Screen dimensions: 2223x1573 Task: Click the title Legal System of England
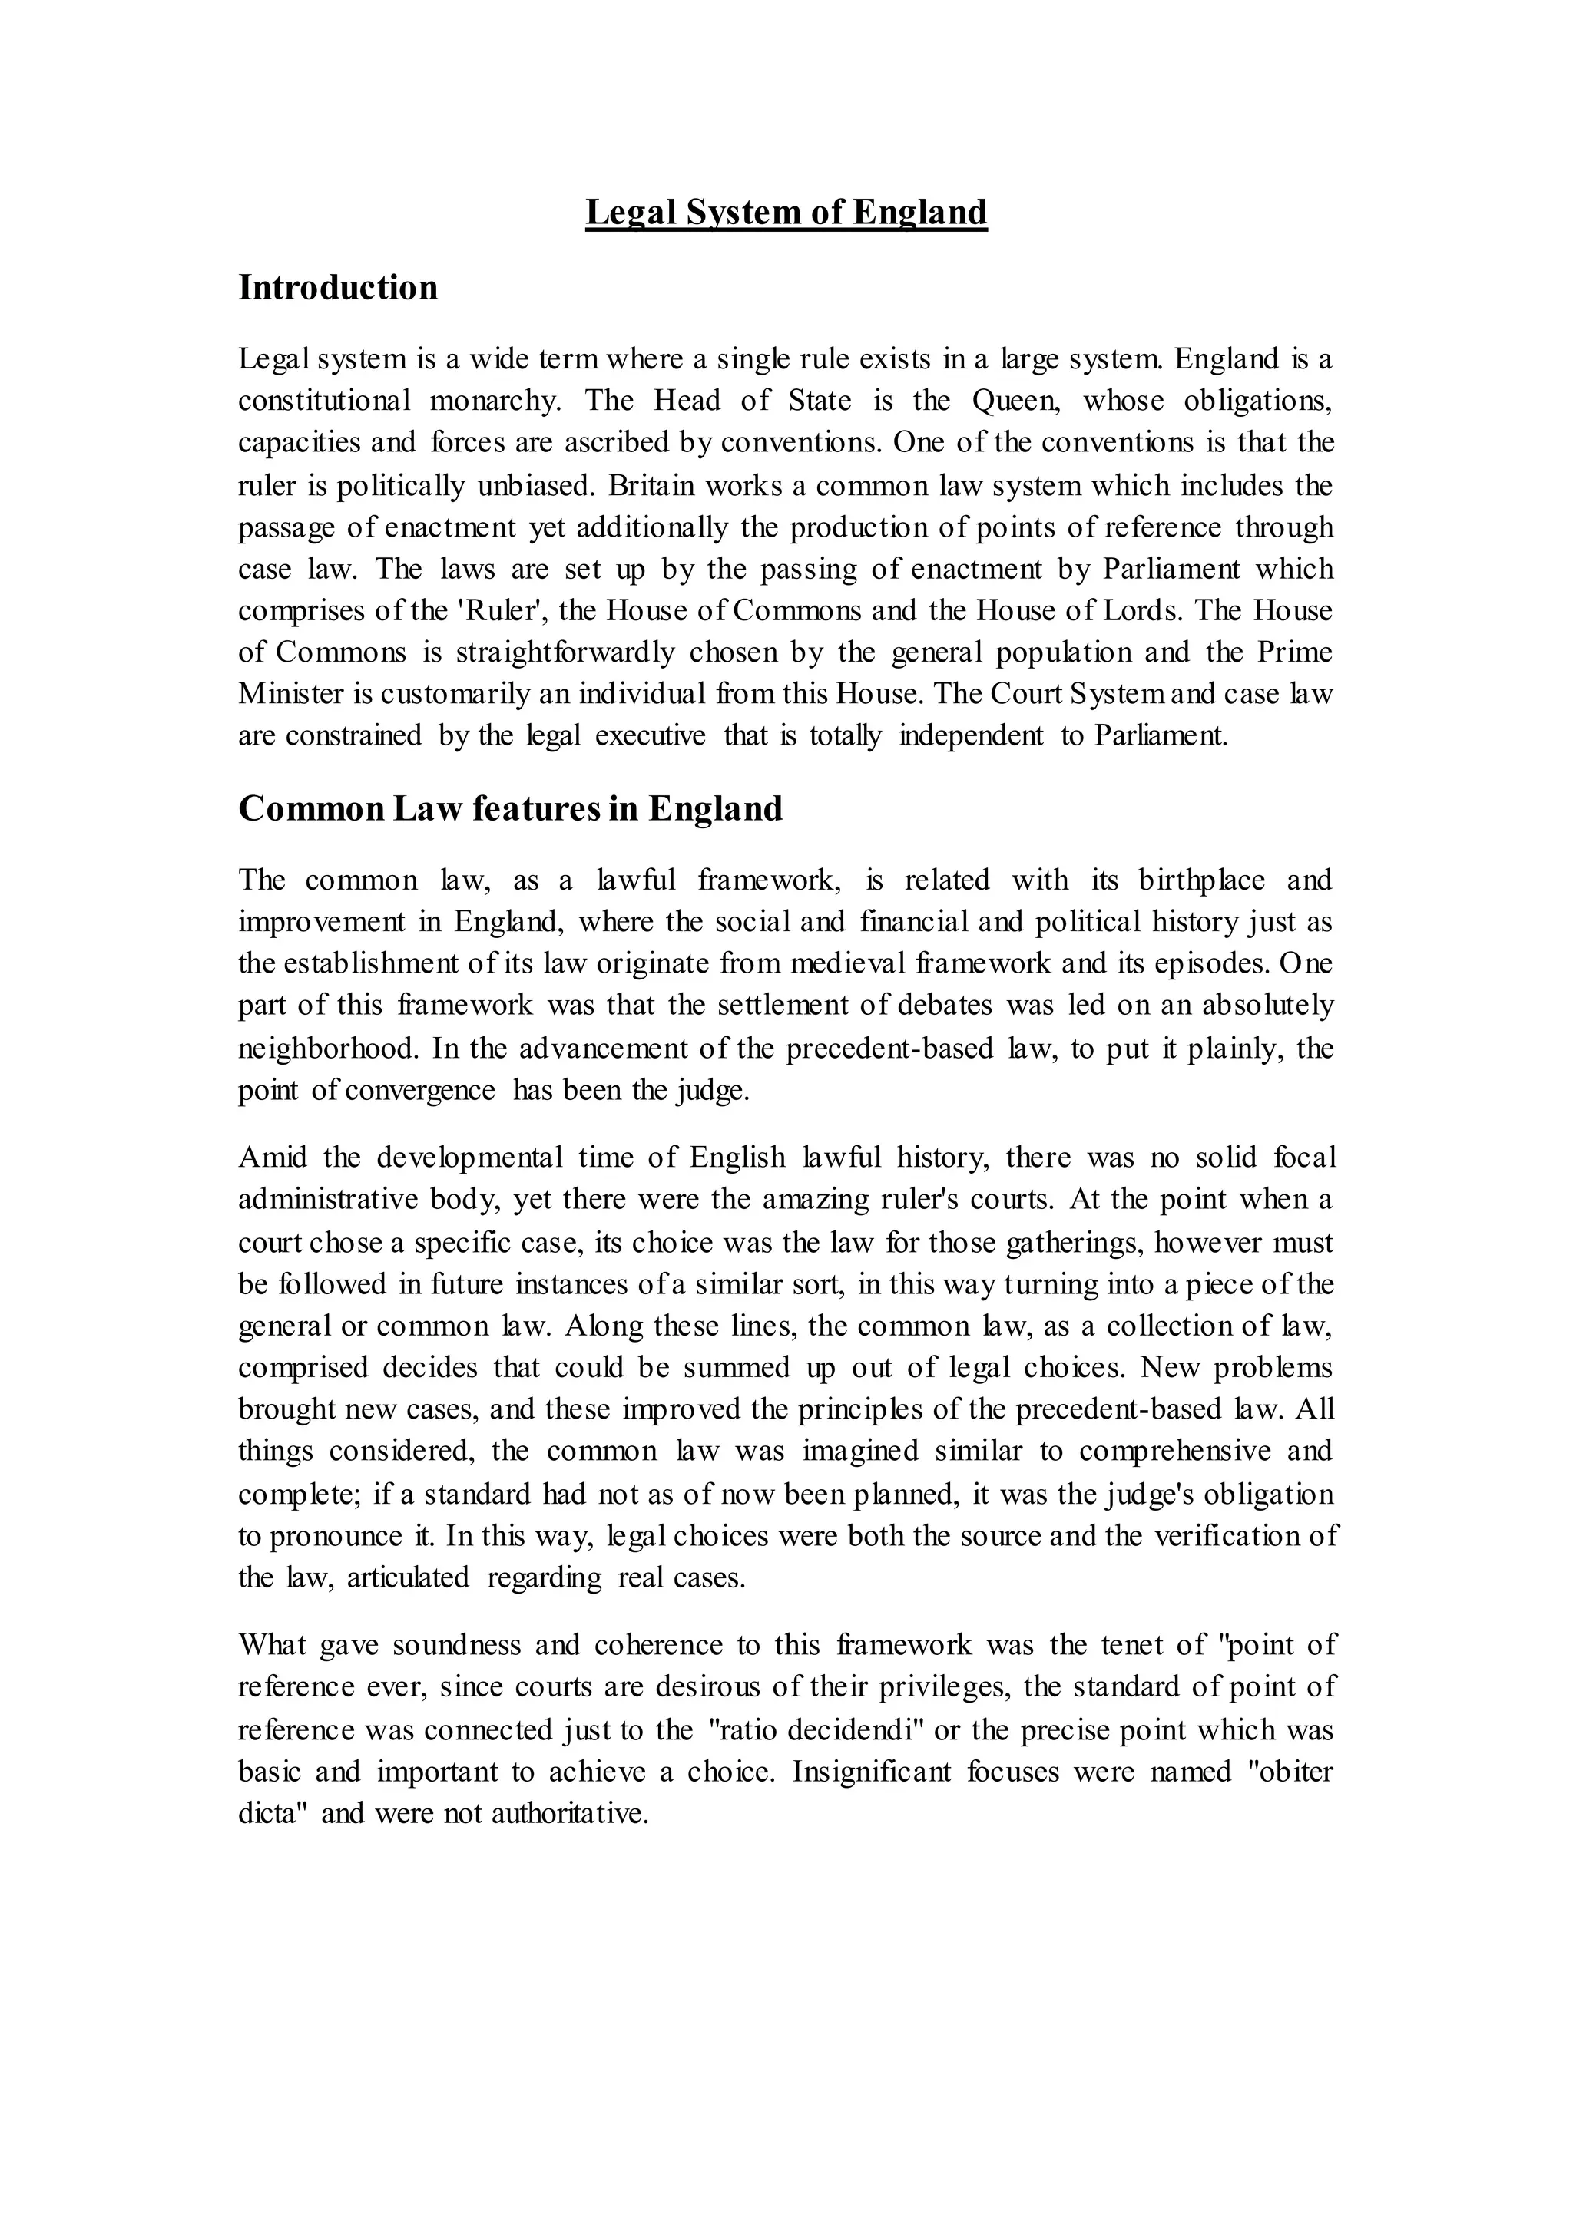tap(786, 212)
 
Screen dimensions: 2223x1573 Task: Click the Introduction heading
tap(338, 288)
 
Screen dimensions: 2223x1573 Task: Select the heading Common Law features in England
tap(511, 808)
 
